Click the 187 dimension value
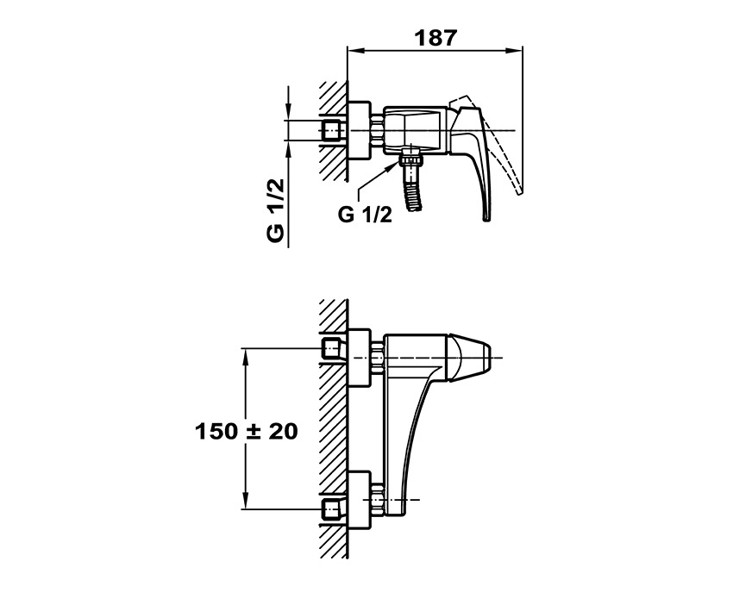point(435,38)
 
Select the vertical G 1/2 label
point(276,209)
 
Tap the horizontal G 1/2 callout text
point(365,215)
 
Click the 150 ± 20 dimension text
point(247,431)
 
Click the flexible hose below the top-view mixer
point(415,197)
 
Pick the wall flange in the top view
point(359,130)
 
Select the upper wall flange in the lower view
point(359,359)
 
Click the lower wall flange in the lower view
point(359,501)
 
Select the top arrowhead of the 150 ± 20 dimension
point(245,356)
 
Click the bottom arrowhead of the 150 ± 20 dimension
point(245,502)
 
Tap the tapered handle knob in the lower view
point(469,358)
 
